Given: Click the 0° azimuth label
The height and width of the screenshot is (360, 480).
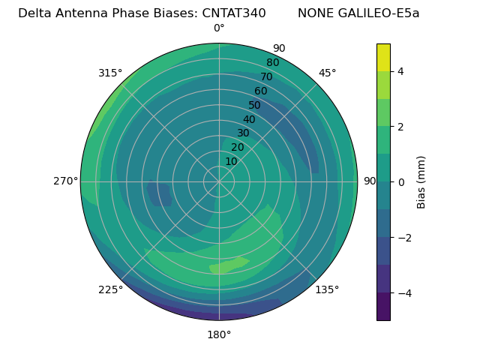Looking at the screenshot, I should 219,28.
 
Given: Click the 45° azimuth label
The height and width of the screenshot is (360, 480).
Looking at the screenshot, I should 328,73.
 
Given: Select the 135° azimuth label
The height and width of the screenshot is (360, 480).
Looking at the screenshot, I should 327,289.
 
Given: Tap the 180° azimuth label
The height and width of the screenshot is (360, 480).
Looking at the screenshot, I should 219,334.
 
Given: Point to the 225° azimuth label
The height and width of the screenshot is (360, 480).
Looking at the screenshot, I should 110,289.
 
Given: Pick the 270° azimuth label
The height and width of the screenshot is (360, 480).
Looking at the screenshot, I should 66,181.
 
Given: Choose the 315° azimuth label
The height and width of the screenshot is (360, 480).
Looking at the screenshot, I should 110,73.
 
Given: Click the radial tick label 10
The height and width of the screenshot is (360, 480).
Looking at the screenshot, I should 231,161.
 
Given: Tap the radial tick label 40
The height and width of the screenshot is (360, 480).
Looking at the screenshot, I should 249,120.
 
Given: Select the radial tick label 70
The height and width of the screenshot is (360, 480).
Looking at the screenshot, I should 266,76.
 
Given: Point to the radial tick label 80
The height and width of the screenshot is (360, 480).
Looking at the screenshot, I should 272,63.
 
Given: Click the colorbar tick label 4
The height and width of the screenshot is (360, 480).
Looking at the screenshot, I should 400,71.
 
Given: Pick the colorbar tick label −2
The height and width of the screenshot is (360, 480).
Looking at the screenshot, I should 403,238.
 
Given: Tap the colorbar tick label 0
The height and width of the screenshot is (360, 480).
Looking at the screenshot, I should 400,182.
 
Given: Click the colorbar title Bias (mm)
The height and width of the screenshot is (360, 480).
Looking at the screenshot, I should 421,182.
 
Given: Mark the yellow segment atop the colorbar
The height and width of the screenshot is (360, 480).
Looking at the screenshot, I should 383,57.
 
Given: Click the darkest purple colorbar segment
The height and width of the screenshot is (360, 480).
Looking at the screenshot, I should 383,307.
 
